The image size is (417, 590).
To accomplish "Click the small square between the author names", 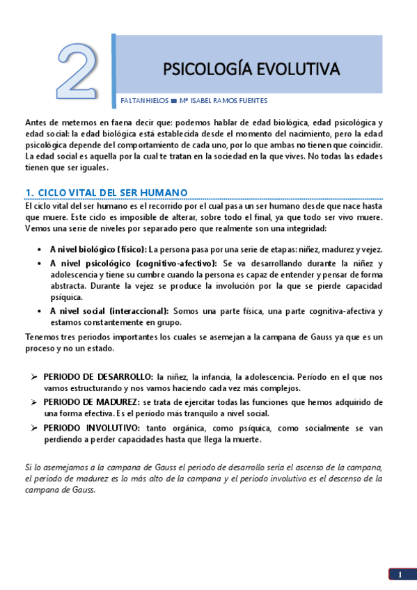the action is coord(174,100).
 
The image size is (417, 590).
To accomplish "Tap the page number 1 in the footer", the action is coord(400,575).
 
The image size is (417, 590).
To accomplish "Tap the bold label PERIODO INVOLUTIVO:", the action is coord(92,428).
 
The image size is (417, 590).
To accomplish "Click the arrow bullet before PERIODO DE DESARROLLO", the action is coord(34,377).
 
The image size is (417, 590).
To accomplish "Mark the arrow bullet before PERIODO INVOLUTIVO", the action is coord(34,428).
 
